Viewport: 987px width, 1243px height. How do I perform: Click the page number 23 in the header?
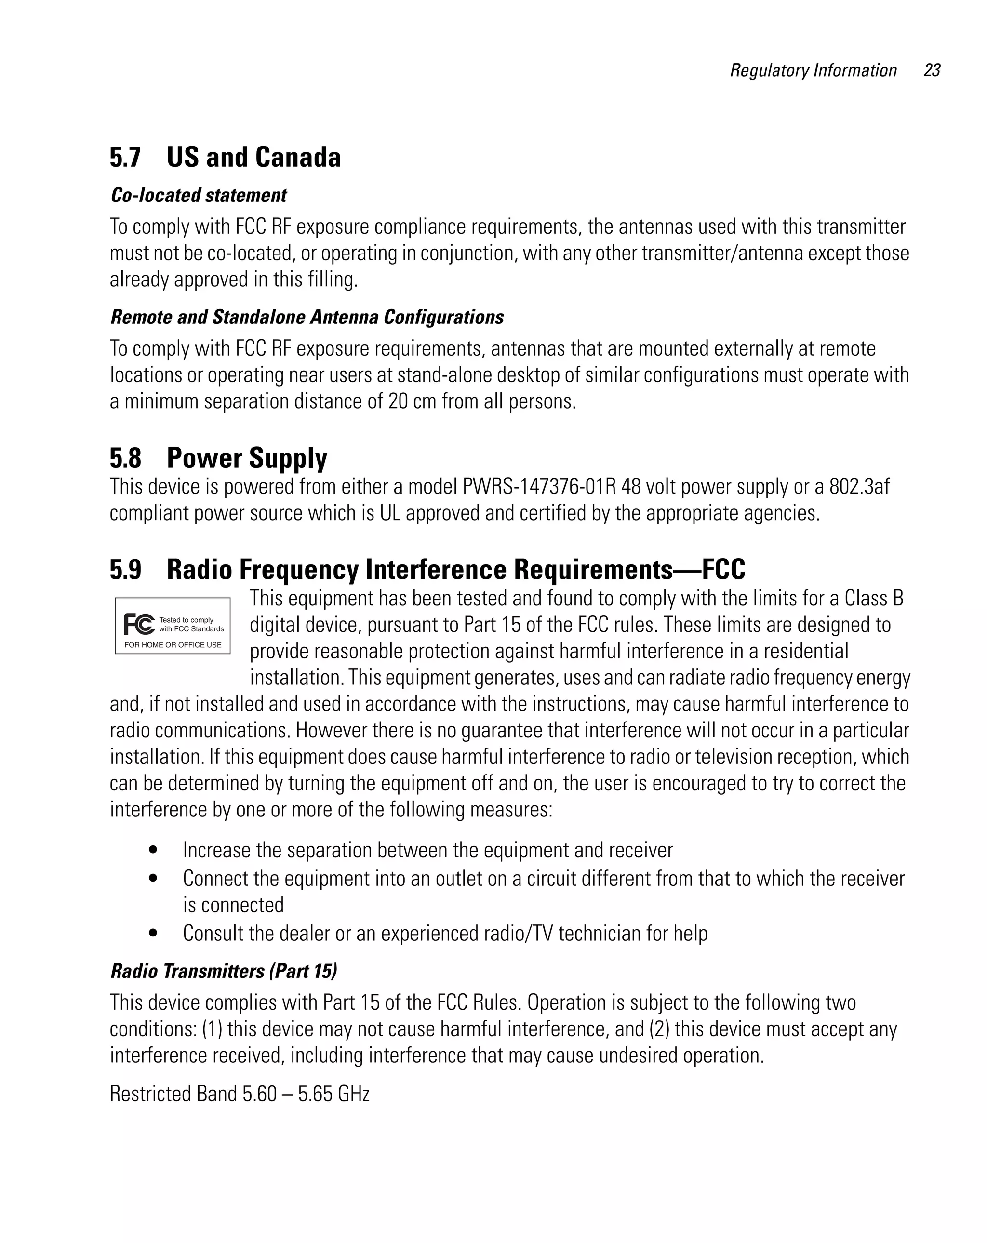[x=931, y=70]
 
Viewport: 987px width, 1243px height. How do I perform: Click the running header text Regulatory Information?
[x=813, y=70]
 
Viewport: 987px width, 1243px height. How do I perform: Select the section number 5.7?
[x=125, y=158]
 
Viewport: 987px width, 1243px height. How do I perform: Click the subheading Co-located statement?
[x=199, y=196]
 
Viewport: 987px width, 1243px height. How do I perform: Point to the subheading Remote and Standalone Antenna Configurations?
[x=307, y=317]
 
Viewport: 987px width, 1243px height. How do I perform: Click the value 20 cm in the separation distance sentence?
[x=412, y=401]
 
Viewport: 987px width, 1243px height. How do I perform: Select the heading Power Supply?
[x=247, y=458]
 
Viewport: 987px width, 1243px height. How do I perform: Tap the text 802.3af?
[x=859, y=487]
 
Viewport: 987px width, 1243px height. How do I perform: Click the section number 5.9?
[x=125, y=570]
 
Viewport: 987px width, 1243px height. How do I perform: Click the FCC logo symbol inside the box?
[x=139, y=624]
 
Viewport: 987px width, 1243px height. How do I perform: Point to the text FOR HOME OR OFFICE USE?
[x=173, y=645]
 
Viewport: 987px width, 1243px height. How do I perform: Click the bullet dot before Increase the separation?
[x=153, y=850]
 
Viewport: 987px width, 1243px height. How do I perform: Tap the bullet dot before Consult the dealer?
[x=153, y=933]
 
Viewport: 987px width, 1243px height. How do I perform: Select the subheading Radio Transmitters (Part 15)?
[x=224, y=972]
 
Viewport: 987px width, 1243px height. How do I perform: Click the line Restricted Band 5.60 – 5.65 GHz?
[x=239, y=1094]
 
